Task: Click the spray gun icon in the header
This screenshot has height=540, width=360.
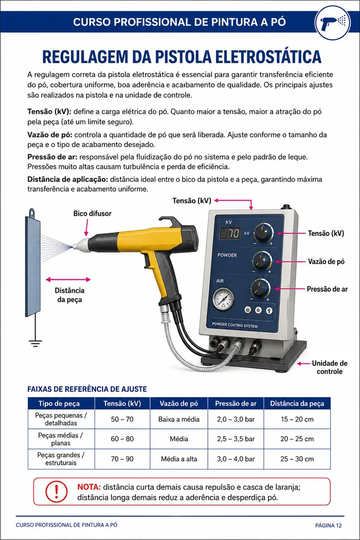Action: tap(333, 22)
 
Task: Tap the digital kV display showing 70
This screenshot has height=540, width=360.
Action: tap(230, 233)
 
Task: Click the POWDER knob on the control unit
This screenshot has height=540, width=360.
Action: tap(262, 261)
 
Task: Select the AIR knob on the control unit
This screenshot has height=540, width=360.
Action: tap(260, 288)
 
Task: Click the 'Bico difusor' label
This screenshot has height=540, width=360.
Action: tap(93, 213)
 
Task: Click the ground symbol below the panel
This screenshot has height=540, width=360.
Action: tap(35, 343)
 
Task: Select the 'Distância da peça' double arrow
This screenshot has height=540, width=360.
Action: tap(68, 279)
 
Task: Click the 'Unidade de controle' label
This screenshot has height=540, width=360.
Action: tap(329, 367)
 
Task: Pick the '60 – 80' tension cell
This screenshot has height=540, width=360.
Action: tap(122, 439)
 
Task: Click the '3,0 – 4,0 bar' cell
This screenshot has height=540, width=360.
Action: tap(236, 459)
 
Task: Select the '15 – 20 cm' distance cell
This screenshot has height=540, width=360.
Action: tap(297, 419)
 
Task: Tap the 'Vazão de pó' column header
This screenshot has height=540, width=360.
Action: tap(179, 403)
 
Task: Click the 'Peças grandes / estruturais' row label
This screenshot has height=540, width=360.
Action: tap(61, 459)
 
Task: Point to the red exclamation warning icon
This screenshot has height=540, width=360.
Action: tap(57, 492)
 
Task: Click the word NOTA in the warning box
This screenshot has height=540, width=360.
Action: tap(89, 487)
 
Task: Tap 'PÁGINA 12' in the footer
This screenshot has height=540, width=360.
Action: tap(329, 525)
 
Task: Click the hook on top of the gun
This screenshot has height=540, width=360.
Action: tap(171, 222)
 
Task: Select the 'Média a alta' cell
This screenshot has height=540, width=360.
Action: tap(179, 459)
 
